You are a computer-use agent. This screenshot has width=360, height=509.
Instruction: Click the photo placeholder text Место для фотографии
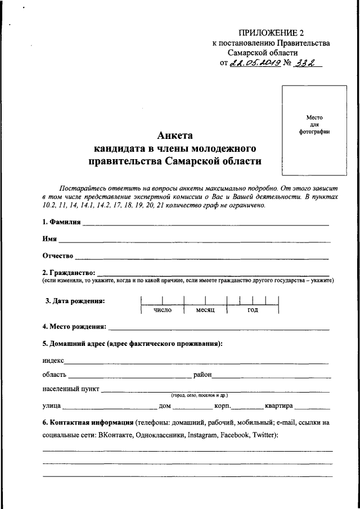point(314,124)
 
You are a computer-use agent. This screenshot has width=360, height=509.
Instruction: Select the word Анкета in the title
point(175,136)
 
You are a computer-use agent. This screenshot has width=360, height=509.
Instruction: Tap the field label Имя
point(49,239)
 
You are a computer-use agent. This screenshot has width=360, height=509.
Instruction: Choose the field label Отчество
point(58,256)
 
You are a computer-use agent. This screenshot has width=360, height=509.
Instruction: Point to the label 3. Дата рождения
point(75,300)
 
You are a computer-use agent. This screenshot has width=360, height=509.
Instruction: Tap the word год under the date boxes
point(253,310)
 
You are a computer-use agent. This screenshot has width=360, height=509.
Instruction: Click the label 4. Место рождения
point(74,326)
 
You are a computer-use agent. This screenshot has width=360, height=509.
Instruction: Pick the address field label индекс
point(53,360)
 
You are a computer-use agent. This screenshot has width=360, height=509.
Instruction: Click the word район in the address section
point(202,374)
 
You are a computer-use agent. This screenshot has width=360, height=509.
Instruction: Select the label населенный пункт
point(71,389)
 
